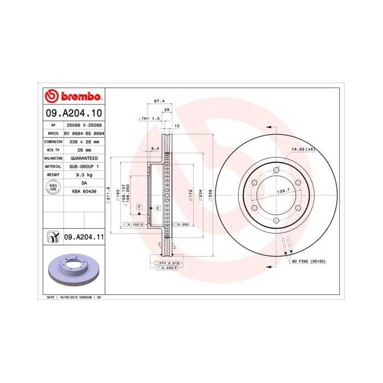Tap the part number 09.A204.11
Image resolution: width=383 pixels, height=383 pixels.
(x=84, y=236)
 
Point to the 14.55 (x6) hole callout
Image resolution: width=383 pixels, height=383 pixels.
(x=303, y=149)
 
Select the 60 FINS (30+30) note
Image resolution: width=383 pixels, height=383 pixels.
(x=309, y=262)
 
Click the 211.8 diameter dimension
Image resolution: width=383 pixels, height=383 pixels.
(x=109, y=194)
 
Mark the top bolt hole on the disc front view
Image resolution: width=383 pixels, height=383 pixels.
(x=276, y=170)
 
